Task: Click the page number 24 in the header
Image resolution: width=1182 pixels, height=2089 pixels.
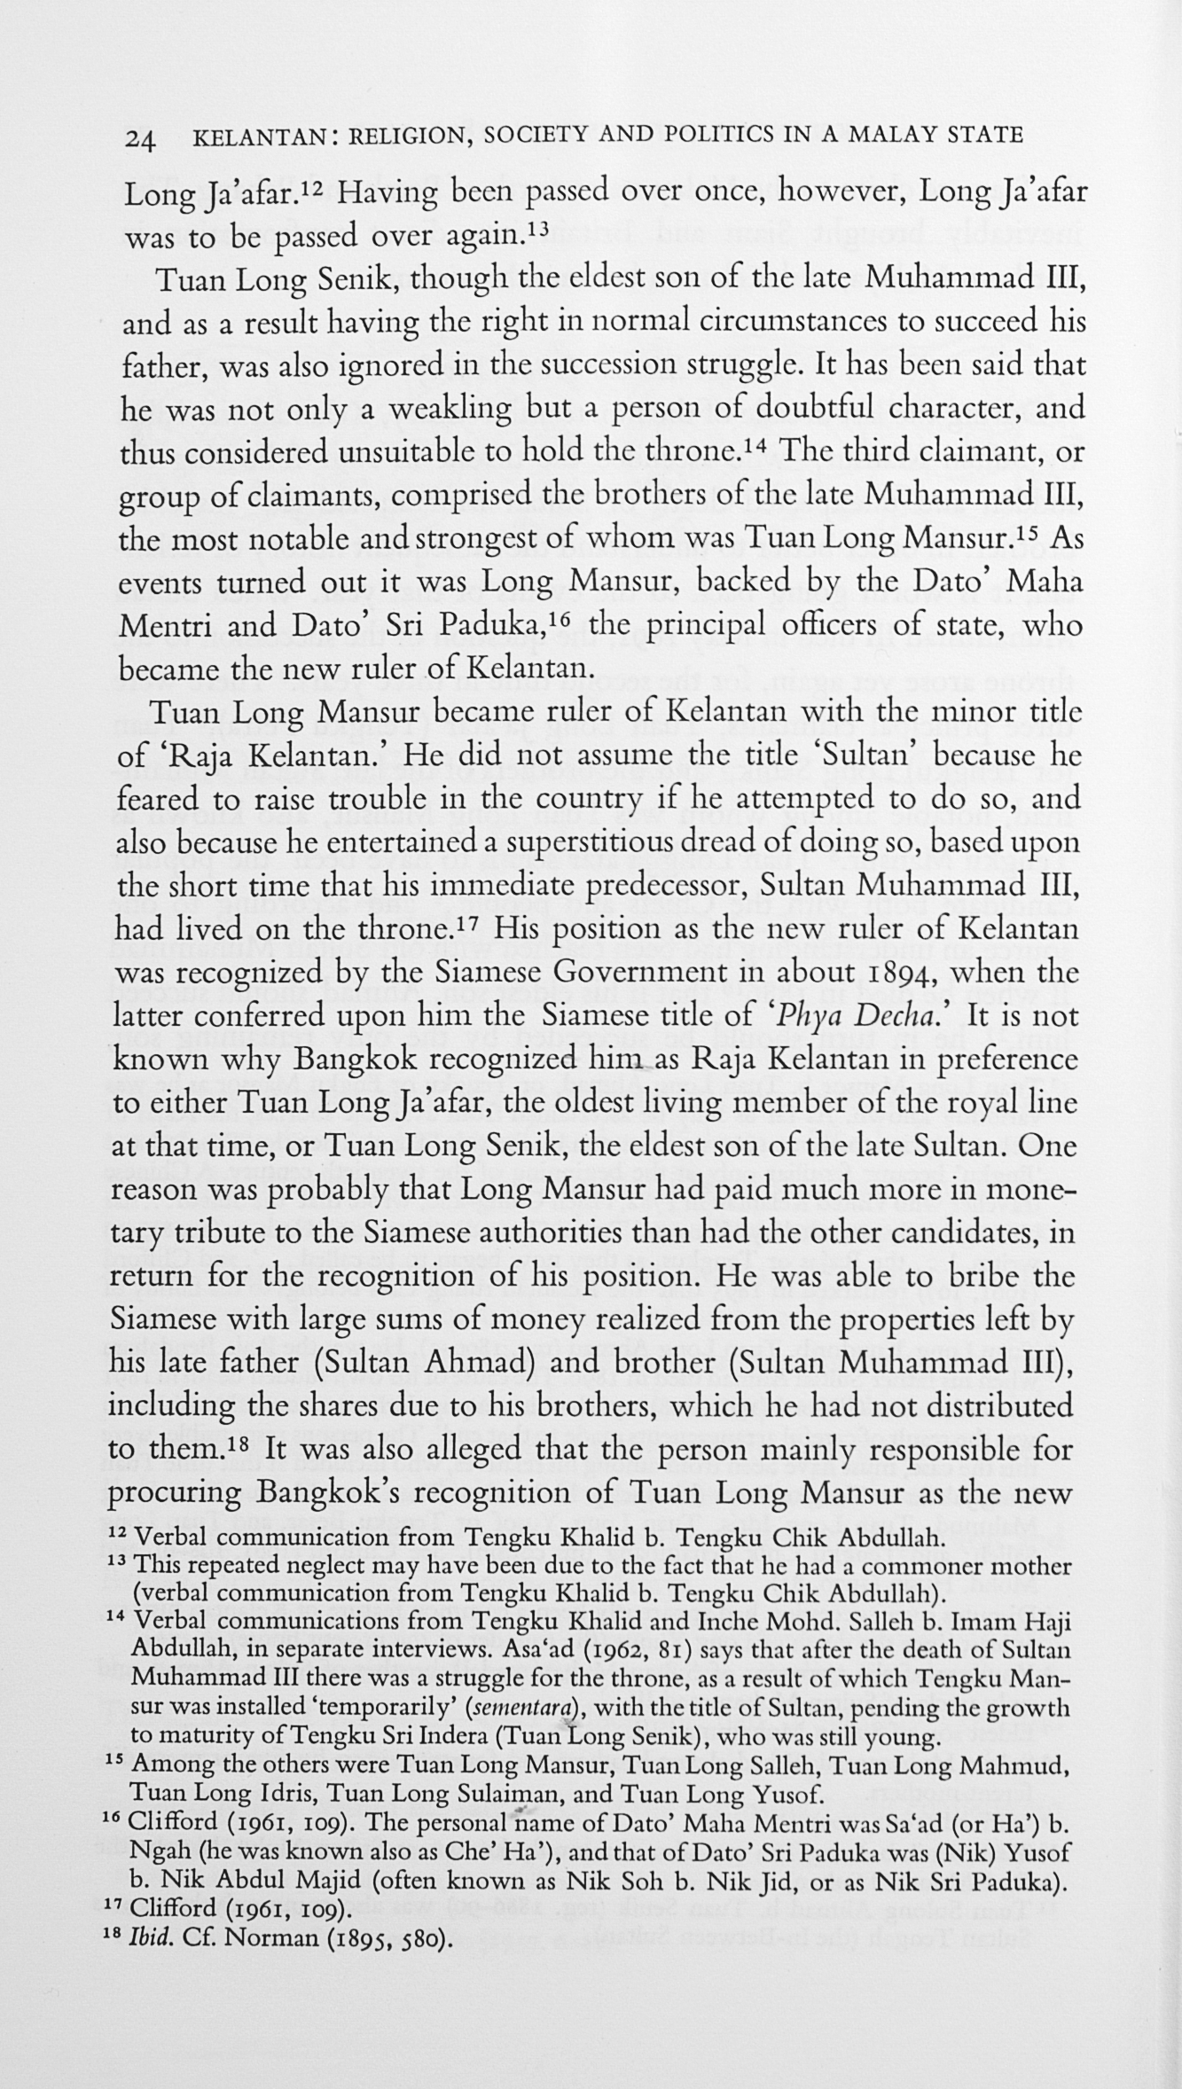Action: [x=141, y=138]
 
